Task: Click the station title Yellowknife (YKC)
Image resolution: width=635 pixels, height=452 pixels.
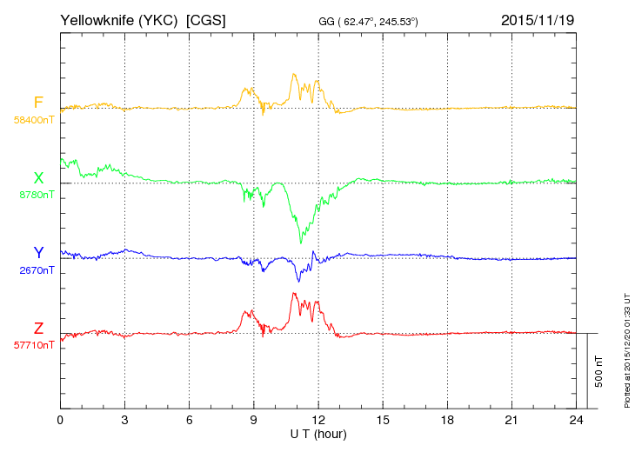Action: coord(118,20)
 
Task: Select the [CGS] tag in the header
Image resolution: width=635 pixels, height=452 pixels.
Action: coord(206,20)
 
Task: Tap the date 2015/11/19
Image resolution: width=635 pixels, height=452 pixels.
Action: coord(538,20)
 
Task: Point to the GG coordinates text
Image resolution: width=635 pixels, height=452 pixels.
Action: coord(368,22)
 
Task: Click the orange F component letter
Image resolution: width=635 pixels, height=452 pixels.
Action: coord(38,103)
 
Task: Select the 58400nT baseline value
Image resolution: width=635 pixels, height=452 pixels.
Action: coord(34,120)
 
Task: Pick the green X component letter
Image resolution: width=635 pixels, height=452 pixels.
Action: coord(38,177)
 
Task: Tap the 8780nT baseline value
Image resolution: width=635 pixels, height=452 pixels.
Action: coord(37,195)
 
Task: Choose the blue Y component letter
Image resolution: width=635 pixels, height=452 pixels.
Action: coord(38,252)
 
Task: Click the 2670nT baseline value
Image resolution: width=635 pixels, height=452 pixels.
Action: coord(37,270)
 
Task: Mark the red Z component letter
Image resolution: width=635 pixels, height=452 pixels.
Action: coord(38,328)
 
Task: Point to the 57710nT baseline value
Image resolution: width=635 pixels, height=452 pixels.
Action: coord(34,345)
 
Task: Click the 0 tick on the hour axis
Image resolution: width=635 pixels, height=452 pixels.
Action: coord(60,421)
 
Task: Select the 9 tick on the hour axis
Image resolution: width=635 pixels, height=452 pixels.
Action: coord(253,421)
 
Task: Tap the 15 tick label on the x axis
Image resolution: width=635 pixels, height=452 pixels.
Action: coord(383,421)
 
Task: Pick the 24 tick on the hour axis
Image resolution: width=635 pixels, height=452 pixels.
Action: coord(576,421)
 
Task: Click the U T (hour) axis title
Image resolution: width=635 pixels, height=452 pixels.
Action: coord(318,435)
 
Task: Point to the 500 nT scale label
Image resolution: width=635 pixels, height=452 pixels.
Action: coord(599,371)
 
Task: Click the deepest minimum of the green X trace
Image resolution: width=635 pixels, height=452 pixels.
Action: coord(300,243)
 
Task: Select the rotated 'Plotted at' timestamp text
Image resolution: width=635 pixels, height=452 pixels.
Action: coord(627,350)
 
